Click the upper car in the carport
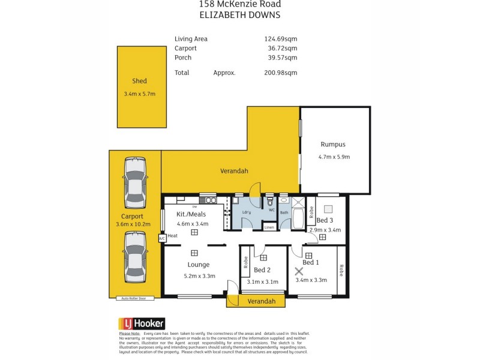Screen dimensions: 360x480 tap(134, 183)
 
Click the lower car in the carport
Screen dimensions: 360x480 tap(134, 257)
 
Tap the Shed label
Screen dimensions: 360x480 tap(139, 81)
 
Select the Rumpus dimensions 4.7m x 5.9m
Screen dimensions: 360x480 tap(334, 157)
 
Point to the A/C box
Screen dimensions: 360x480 tap(161, 238)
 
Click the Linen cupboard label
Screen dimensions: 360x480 tap(269, 227)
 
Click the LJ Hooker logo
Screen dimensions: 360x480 tap(142, 323)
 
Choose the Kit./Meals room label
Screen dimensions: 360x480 tap(192, 214)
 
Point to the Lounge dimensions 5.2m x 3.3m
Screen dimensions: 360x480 tap(199, 275)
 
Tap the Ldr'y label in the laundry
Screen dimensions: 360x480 tap(247, 212)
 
